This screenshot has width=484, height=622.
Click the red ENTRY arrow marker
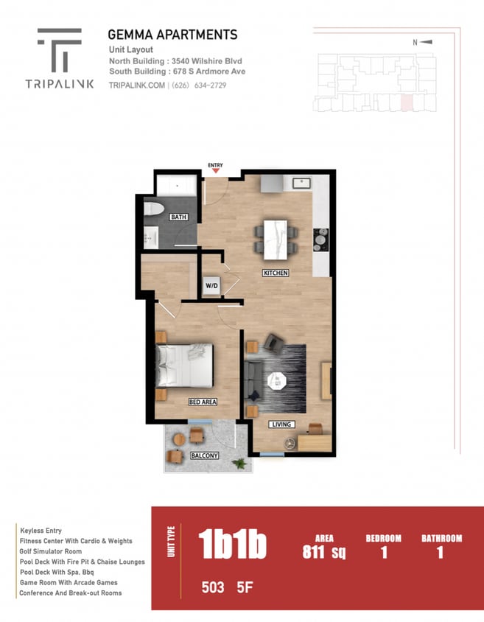pos(216,171)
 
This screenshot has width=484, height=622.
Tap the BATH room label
pos(178,217)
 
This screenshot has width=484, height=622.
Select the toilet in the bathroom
pos(153,209)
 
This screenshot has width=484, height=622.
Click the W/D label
pos(211,285)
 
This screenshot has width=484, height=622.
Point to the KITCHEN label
pos(276,273)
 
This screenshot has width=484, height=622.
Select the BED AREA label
pos(202,402)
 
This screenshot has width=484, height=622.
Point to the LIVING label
pos(281,424)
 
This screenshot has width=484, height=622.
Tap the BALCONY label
pos(204,455)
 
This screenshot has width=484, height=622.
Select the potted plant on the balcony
pos(239,463)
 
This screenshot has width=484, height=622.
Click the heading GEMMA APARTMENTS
pos(172,35)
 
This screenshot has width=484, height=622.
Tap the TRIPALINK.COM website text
pos(136,85)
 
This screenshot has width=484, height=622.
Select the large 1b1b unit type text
pos(232,545)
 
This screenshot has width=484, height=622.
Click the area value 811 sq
pos(323,551)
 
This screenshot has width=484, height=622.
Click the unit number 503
pos(213,587)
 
